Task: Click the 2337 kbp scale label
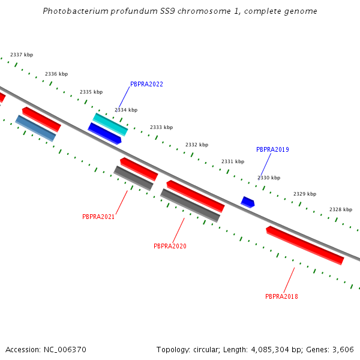tap(22, 55)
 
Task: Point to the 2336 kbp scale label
tap(56, 74)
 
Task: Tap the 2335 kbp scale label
tap(91, 92)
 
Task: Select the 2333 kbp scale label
tap(161, 127)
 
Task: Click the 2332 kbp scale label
tap(197, 145)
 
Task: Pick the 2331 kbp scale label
tap(233, 161)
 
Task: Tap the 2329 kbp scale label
tap(305, 194)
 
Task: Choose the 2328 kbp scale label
tap(341, 209)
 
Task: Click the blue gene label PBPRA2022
tap(146, 85)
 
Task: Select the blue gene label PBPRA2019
tap(272, 149)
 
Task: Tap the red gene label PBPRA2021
tap(98, 217)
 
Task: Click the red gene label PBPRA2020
tap(170, 246)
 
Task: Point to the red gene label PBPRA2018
tap(281, 296)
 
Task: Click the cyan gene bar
tap(110, 124)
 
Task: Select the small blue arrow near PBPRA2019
tap(248, 202)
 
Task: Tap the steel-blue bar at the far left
tap(35, 128)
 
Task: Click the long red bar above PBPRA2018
tap(305, 245)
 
